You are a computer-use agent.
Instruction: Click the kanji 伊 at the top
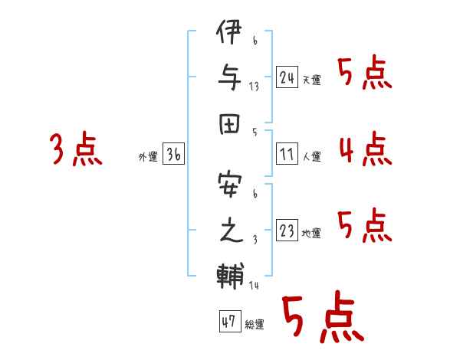click(x=229, y=31)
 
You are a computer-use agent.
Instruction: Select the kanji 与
click(x=230, y=77)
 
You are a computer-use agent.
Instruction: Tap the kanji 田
click(x=230, y=124)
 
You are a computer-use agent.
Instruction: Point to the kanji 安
click(x=230, y=185)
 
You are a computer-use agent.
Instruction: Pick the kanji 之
click(x=231, y=230)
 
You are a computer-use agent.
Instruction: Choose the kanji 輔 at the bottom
click(x=230, y=276)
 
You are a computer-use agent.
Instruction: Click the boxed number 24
click(x=287, y=77)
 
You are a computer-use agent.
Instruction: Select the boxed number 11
click(x=287, y=153)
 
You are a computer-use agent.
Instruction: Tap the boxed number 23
click(x=287, y=230)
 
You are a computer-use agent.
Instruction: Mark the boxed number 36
click(x=173, y=153)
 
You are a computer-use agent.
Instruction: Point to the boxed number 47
click(x=230, y=321)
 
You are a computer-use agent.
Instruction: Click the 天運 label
click(x=312, y=80)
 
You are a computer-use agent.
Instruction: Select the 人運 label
click(x=312, y=156)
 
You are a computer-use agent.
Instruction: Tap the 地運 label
click(x=311, y=234)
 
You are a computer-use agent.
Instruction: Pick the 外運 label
click(x=148, y=156)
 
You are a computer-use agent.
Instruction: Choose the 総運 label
click(x=255, y=324)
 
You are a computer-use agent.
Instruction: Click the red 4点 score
click(x=366, y=149)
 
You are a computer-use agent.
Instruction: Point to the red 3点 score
click(x=76, y=149)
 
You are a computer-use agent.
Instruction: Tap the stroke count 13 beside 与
click(x=254, y=87)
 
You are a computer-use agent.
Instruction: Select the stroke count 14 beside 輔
click(x=254, y=285)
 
